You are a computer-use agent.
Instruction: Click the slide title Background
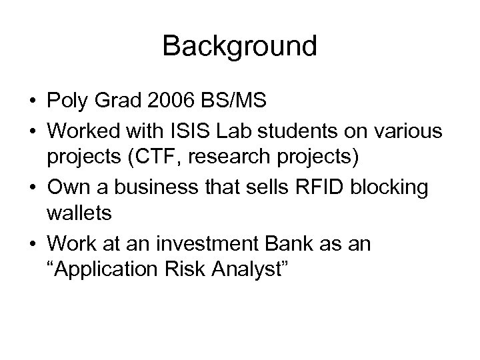point(239,46)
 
